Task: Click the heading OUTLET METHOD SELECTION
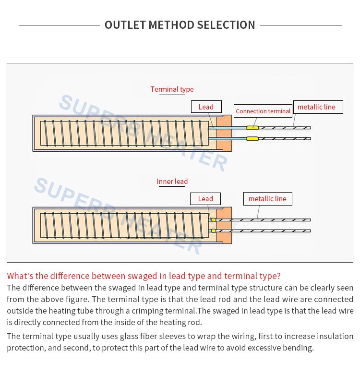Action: pos(180,25)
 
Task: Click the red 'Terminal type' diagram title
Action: pos(172,89)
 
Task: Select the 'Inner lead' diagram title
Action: pos(172,182)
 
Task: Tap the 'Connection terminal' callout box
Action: pos(263,111)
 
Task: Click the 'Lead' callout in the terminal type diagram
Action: pos(206,107)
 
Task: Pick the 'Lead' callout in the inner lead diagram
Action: pos(205,199)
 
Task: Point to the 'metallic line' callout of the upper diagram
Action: pos(318,107)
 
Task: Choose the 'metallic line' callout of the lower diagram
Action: pos(267,199)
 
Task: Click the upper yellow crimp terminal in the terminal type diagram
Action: pos(252,128)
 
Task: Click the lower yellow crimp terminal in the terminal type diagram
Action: pos(252,139)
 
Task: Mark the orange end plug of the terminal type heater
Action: pos(224,133)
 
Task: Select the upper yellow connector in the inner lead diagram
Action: pos(213,220)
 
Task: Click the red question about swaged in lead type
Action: pos(144,276)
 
